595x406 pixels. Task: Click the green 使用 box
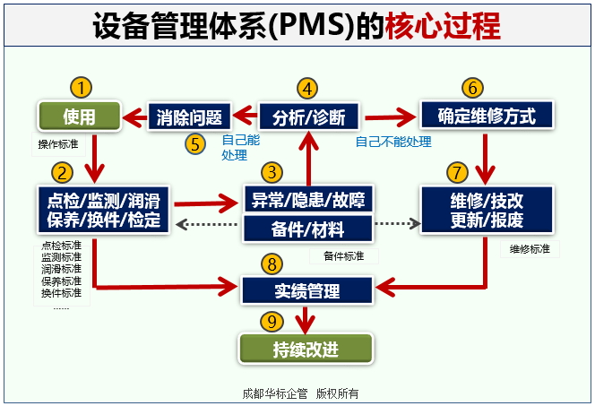(79, 117)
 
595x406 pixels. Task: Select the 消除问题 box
(189, 117)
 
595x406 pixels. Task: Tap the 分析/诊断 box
(308, 117)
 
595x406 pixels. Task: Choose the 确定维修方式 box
(487, 117)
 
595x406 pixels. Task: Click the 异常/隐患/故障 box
(307, 199)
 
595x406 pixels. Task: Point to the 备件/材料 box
(307, 229)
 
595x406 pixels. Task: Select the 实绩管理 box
(307, 289)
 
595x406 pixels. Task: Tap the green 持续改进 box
(306, 349)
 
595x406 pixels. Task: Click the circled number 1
(81, 87)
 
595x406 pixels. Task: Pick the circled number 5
(195, 144)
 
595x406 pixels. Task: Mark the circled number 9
(272, 320)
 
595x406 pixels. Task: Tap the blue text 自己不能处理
(393, 142)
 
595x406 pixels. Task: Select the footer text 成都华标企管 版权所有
(300, 393)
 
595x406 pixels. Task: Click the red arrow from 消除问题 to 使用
(135, 117)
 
